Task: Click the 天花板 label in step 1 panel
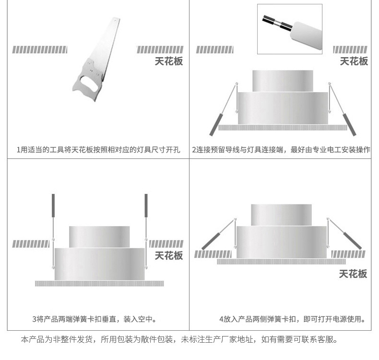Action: [x=168, y=61]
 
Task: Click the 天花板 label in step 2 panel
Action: [x=354, y=61]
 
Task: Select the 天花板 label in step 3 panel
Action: [x=168, y=255]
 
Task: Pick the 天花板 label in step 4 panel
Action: [x=353, y=274]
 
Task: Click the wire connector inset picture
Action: [x=289, y=29]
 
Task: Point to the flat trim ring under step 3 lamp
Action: [x=99, y=284]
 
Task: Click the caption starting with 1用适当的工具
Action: [x=98, y=150]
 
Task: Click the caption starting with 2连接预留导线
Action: [x=281, y=150]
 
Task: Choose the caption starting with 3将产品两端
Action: [x=94, y=319]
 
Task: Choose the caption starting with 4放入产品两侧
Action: [x=293, y=319]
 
